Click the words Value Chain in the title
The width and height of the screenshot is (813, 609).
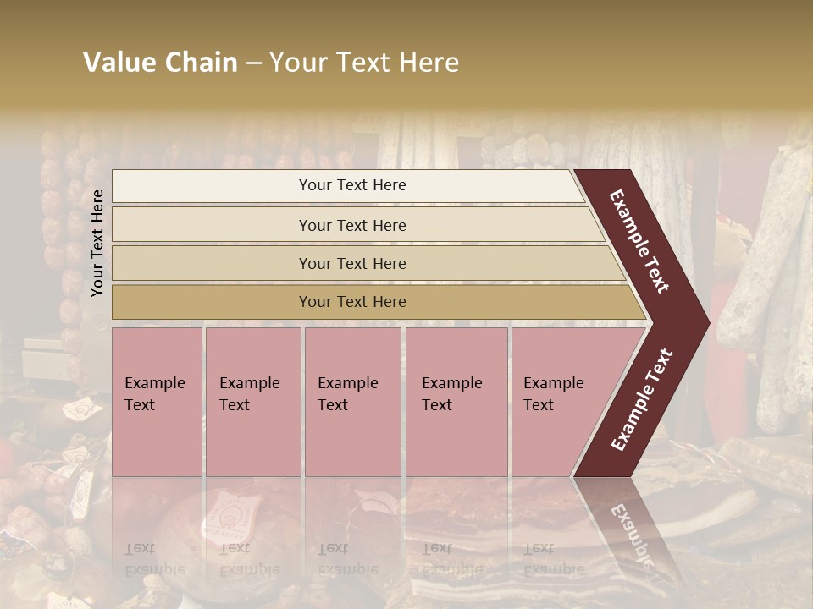[x=160, y=63]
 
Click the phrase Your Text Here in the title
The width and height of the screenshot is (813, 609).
[x=364, y=63]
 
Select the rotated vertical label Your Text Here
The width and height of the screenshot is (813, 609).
[x=98, y=243]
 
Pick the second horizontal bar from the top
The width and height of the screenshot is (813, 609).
[x=351, y=225]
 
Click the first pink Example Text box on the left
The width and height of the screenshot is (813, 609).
[x=157, y=402]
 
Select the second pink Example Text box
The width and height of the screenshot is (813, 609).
[x=252, y=402]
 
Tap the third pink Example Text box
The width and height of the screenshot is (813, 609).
[x=352, y=402]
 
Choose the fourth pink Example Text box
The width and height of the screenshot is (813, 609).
[x=456, y=402]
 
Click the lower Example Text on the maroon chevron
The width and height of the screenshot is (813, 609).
[x=641, y=400]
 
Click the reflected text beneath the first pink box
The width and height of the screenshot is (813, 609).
[x=154, y=559]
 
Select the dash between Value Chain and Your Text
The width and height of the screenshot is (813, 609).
[x=253, y=63]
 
